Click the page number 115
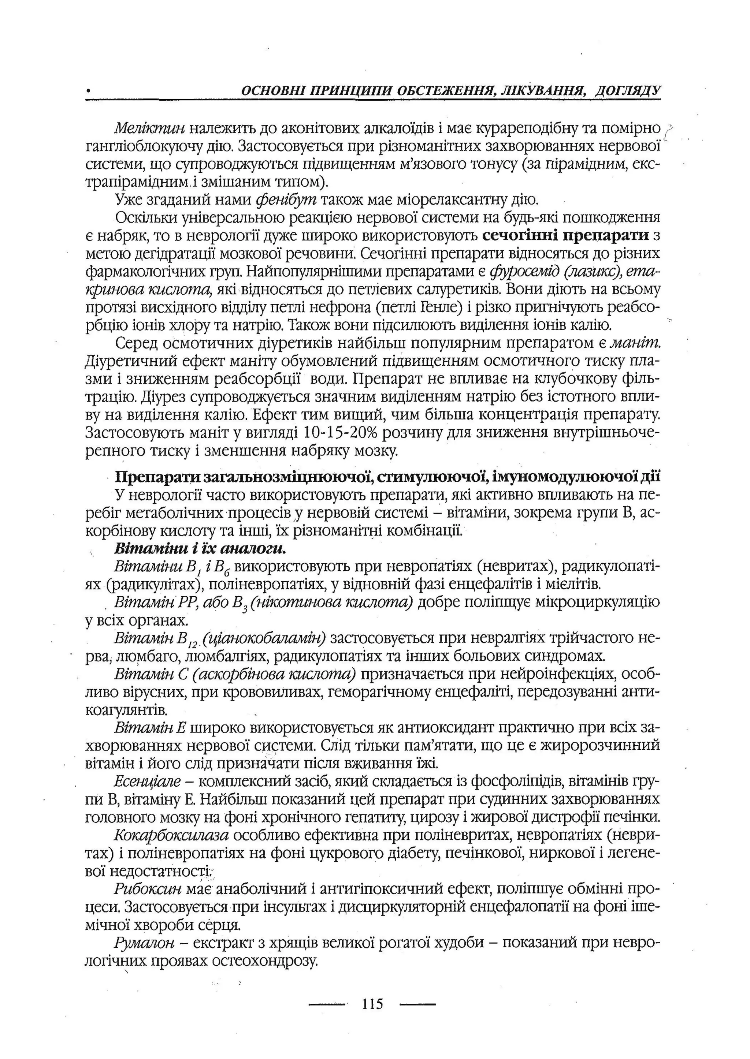373,1004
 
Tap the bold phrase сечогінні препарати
566,236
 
